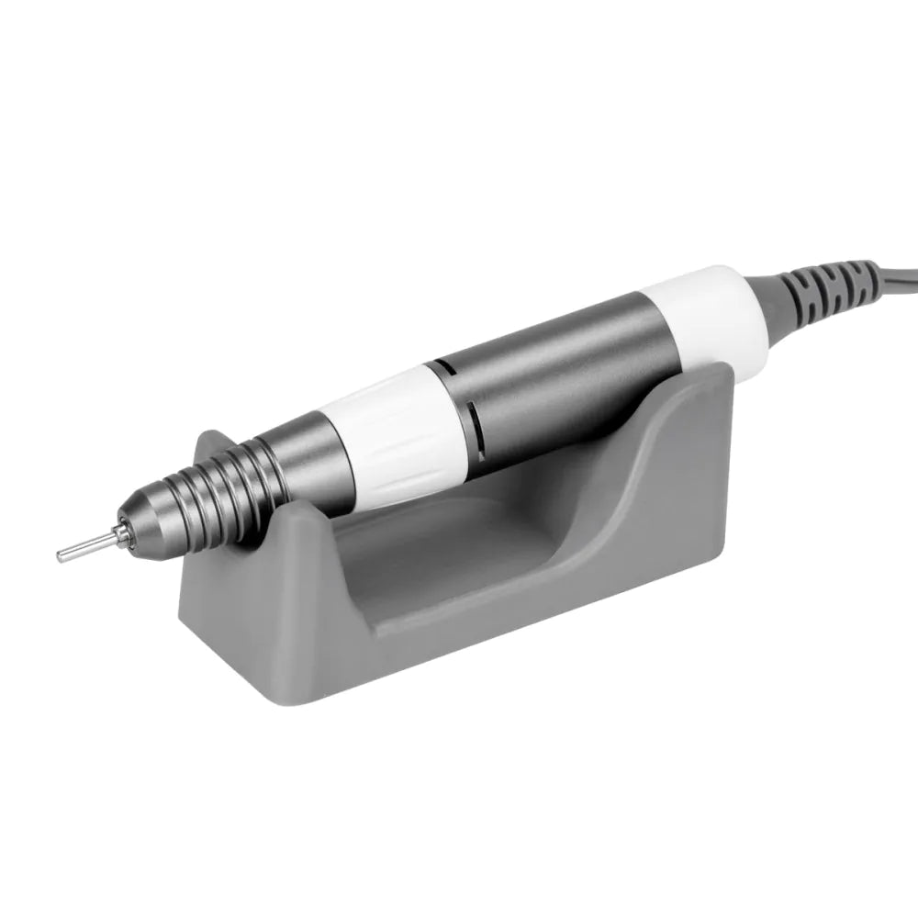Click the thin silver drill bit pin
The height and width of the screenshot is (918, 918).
click(87, 548)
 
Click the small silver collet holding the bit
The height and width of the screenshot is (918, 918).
click(119, 536)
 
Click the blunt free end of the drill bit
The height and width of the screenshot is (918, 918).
click(61, 555)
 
